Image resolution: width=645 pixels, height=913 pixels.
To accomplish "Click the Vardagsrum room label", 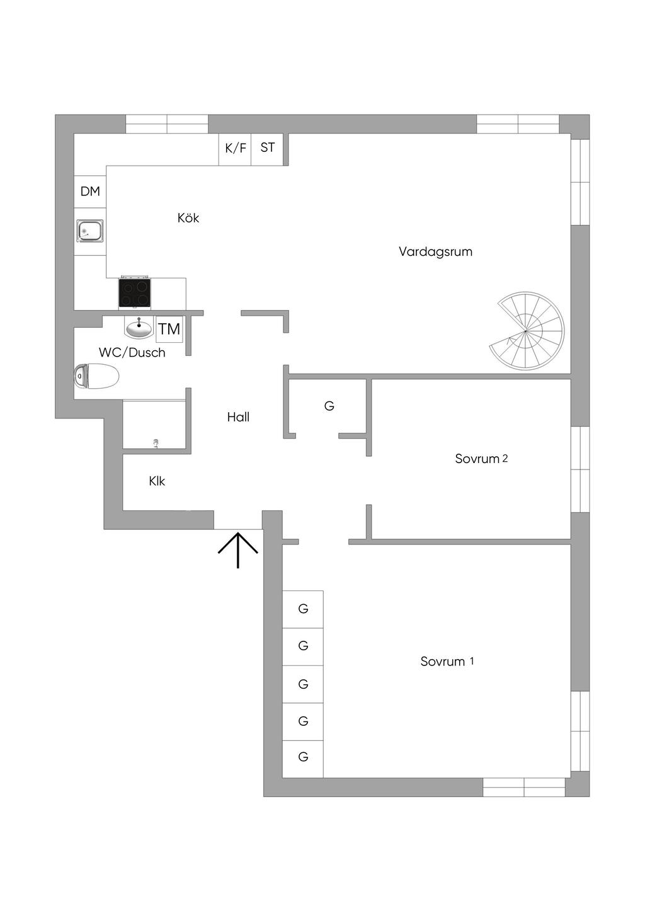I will tap(435, 251).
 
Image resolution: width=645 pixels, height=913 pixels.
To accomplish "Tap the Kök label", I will tap(188, 218).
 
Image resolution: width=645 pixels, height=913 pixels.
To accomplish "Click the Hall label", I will tap(238, 417).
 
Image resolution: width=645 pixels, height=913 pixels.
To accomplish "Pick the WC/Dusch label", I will tap(132, 353).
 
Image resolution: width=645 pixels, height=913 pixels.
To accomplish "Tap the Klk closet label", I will tap(157, 481).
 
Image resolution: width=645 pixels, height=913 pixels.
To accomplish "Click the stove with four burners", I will tap(135, 293).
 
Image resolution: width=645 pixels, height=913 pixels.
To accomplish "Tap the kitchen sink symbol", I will tap(90, 231).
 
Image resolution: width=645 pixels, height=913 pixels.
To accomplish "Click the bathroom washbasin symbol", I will tap(139, 328).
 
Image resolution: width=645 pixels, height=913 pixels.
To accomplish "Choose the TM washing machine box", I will tap(169, 329).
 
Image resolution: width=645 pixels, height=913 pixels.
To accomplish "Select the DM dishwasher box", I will tap(90, 192).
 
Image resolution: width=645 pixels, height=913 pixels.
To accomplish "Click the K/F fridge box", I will tap(235, 149).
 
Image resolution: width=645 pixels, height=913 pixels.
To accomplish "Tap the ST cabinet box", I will tap(268, 148).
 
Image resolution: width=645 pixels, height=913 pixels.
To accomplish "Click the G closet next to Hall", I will tap(329, 406).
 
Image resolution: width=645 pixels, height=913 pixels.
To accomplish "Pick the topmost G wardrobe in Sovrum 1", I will tap(303, 609).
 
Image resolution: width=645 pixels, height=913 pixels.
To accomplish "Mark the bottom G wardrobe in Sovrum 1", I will tap(303, 757).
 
